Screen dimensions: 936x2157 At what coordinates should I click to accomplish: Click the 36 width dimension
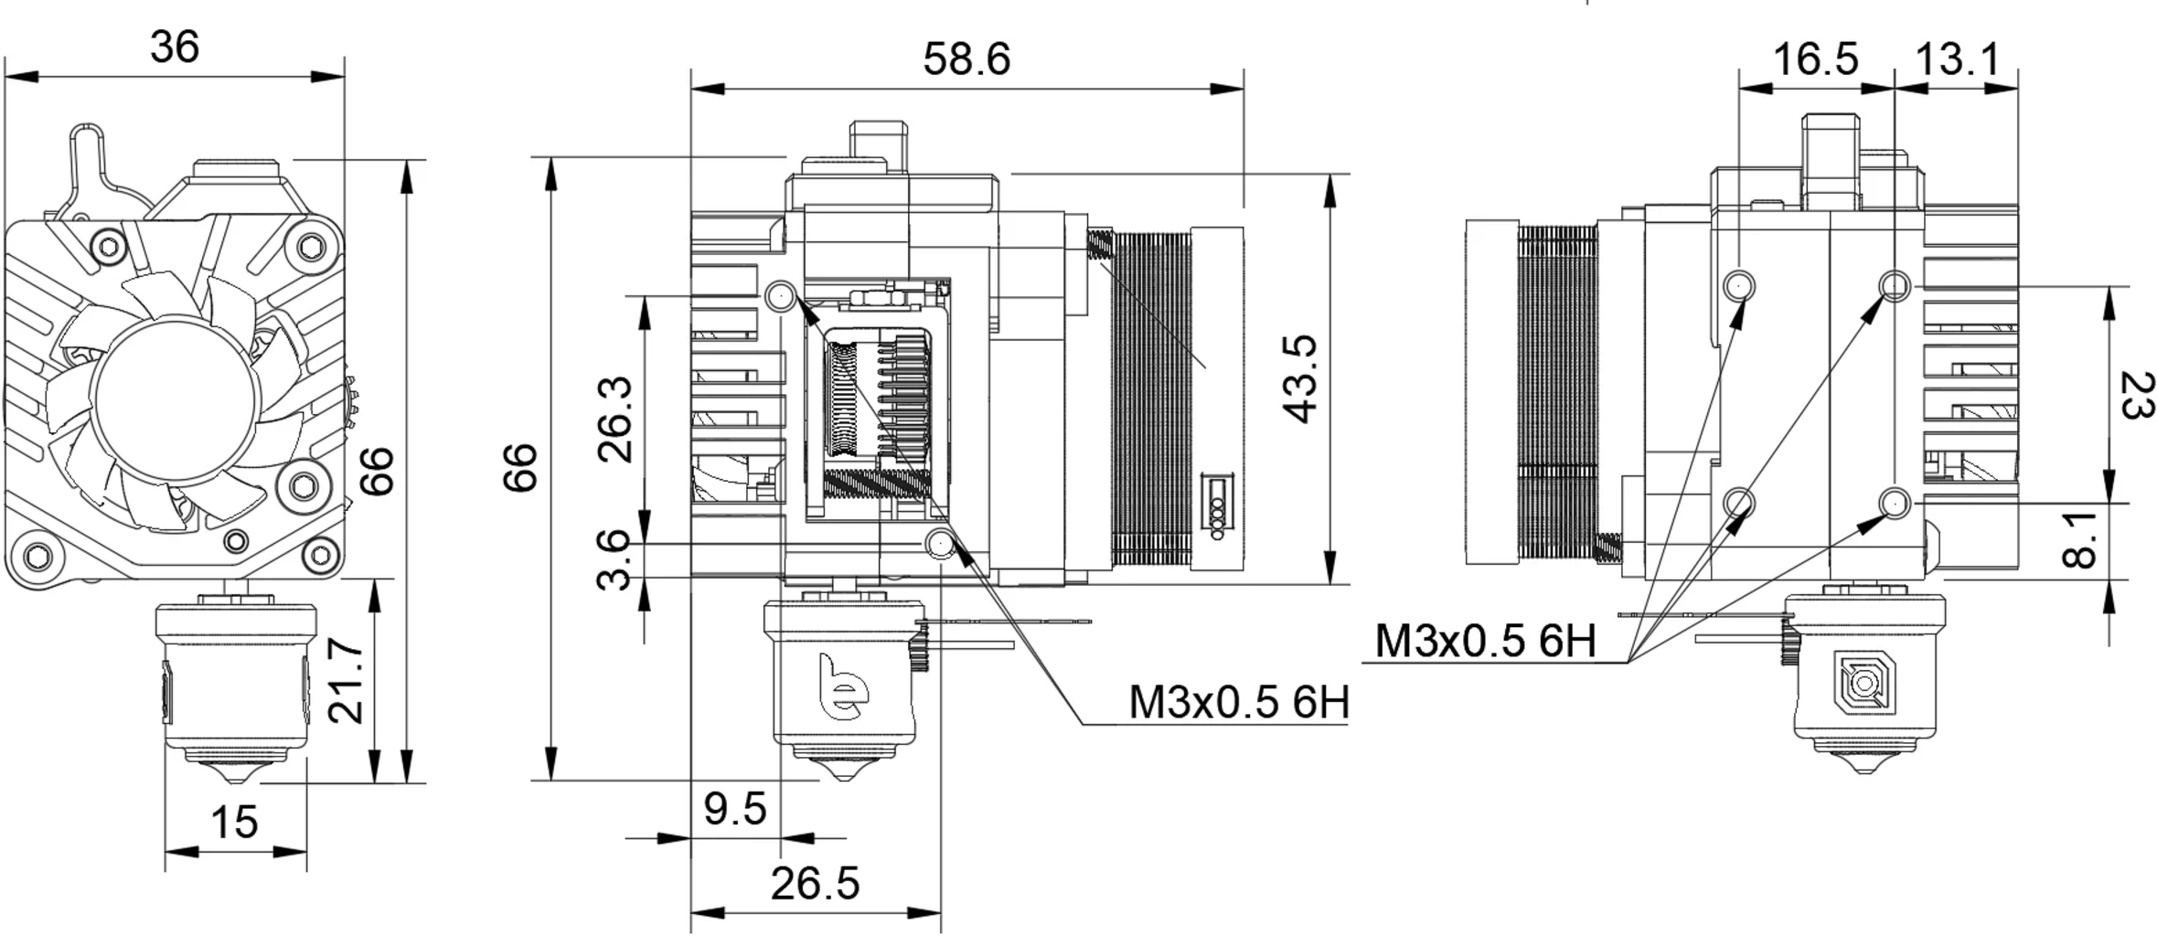pyautogui.click(x=174, y=47)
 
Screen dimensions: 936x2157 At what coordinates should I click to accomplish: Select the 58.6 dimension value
pyautogui.click(x=966, y=60)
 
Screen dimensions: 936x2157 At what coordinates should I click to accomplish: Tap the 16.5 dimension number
pyautogui.click(x=1815, y=60)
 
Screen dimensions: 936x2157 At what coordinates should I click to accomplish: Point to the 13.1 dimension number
pyautogui.click(x=1957, y=60)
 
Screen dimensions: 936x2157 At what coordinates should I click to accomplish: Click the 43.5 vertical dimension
pyautogui.click(x=1299, y=378)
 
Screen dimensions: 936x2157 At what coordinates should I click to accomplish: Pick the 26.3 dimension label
pyautogui.click(x=615, y=419)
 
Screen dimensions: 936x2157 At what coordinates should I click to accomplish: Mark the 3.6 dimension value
pyautogui.click(x=615, y=559)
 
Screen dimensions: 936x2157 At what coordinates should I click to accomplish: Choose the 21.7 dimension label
pyautogui.click(x=347, y=682)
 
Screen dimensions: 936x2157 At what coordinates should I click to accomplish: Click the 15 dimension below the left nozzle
pyautogui.click(x=234, y=823)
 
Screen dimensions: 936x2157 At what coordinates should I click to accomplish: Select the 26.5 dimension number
pyautogui.click(x=815, y=884)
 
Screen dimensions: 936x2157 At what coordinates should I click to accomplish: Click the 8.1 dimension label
pyautogui.click(x=2079, y=540)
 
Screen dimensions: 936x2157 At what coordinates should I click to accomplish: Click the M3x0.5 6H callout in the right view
pyautogui.click(x=1485, y=642)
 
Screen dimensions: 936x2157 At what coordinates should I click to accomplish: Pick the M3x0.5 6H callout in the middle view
pyautogui.click(x=1238, y=703)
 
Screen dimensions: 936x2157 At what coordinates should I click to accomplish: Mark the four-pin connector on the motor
pyautogui.click(x=1217, y=506)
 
